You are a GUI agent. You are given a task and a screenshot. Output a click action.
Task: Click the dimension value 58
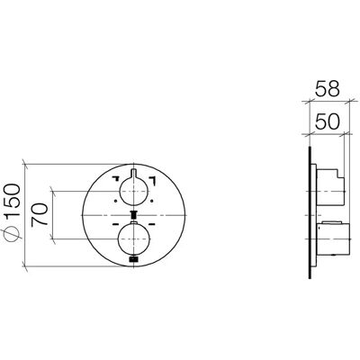coord(327,88)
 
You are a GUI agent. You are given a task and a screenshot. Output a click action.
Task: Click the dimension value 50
coord(327,121)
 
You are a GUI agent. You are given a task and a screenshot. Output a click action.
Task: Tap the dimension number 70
coord(40,214)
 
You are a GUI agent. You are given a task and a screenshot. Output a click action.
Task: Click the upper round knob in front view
coord(134,192)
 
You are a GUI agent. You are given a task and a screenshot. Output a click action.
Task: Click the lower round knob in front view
coord(134,239)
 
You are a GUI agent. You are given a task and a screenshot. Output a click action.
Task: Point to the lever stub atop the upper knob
coord(134,173)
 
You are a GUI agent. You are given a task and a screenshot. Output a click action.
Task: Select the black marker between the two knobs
coord(134,215)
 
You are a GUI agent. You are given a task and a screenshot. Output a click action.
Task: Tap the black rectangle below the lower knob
coord(134,259)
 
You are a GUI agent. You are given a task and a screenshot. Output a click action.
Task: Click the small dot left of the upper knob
coord(115,201)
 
